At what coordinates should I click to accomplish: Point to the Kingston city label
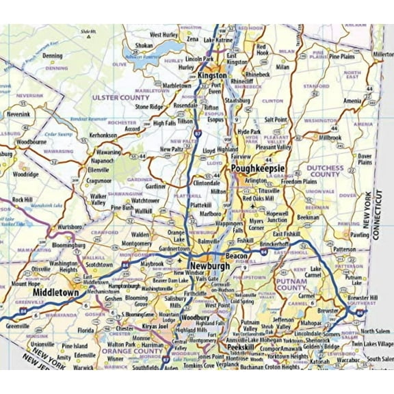coord(212,77)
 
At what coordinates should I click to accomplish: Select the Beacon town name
coord(237,255)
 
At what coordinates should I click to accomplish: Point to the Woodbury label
coord(196,318)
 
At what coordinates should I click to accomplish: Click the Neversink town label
coord(18,113)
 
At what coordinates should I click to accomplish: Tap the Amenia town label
coord(353,101)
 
